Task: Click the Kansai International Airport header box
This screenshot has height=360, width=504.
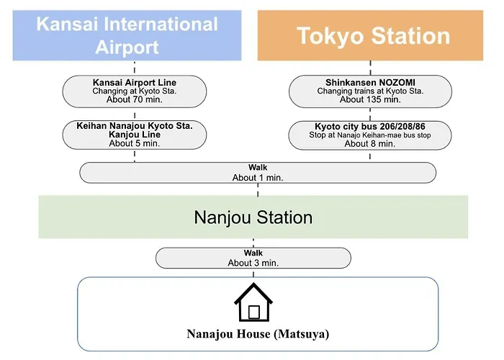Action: click(127, 35)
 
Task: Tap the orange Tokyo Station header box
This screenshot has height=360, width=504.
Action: click(370, 35)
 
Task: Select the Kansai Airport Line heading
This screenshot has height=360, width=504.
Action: click(135, 83)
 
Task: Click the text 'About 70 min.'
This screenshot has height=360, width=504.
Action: click(135, 99)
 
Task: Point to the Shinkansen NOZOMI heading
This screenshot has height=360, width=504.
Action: click(370, 83)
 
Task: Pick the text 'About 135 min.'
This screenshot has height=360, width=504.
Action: click(370, 99)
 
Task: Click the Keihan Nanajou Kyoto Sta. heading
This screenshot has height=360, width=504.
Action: click(135, 126)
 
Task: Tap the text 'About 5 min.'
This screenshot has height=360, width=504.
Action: click(135, 143)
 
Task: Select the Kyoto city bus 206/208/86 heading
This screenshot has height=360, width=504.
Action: click(370, 126)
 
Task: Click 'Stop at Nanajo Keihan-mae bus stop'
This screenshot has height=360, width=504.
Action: click(370, 135)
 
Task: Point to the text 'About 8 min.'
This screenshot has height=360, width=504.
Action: click(370, 144)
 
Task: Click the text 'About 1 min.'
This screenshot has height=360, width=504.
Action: click(258, 178)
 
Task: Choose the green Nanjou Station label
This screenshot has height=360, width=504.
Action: click(253, 217)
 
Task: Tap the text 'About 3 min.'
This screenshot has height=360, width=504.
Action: click(253, 263)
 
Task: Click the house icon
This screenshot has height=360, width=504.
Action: click(253, 302)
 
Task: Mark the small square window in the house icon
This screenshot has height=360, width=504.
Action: click(254, 312)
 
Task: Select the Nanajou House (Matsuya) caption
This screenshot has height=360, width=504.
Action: click(258, 334)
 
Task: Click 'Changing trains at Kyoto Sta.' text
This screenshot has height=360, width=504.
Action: click(370, 91)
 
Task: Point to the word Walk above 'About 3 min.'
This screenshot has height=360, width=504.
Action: click(253, 253)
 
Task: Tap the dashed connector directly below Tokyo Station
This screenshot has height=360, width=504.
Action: click(370, 68)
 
